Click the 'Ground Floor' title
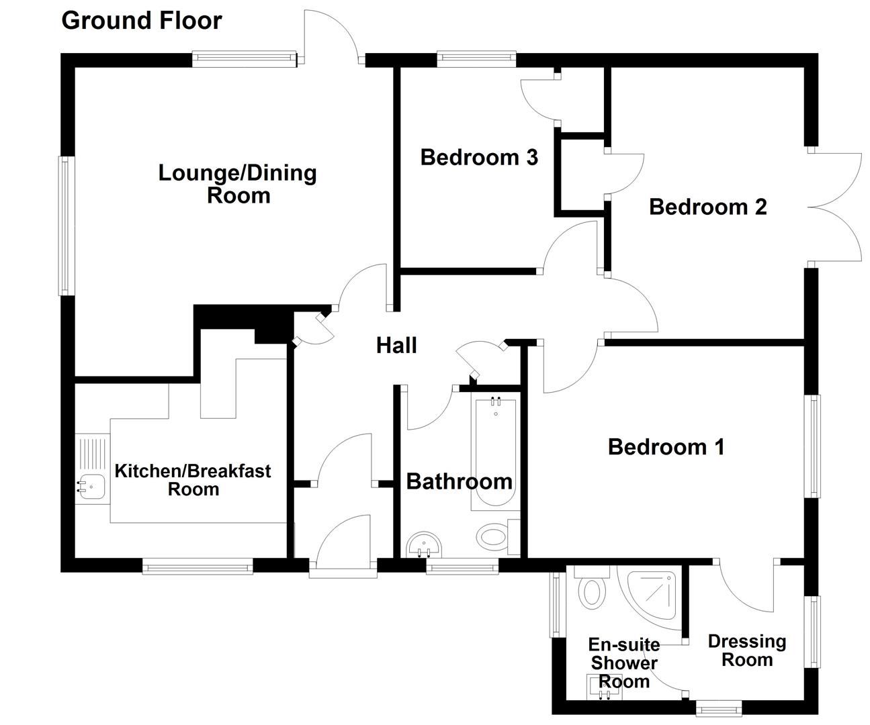point(141,21)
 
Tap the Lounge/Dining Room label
point(238,184)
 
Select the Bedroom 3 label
point(479,158)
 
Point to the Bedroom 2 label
point(707,207)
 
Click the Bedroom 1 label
point(666,446)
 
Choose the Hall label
point(396,346)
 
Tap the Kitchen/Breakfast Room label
point(193,479)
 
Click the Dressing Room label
point(746,650)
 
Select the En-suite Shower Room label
point(623,663)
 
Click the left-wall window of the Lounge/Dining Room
point(66,226)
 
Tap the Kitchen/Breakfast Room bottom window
point(198,568)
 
